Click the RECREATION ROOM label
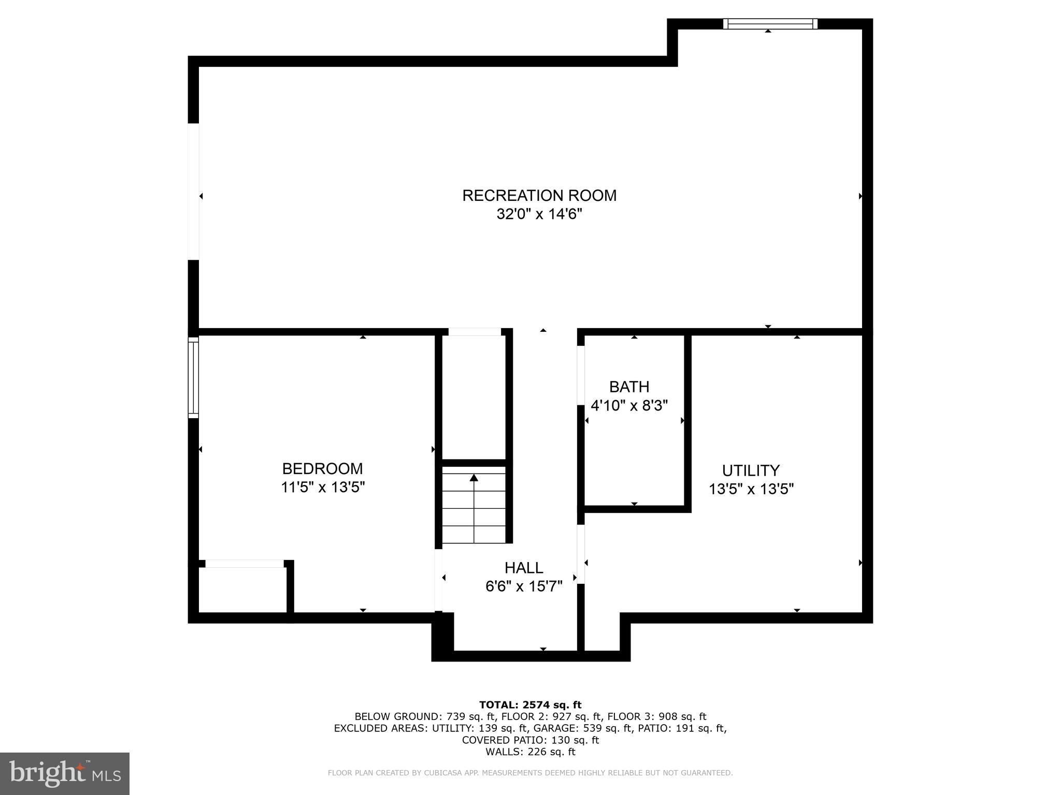[x=539, y=196]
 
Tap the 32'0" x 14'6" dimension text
[x=539, y=214]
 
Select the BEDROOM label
[x=322, y=469]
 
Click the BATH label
[x=629, y=387]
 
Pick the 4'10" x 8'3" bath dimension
[x=629, y=406]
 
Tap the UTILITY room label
[x=751, y=470]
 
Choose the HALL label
[x=524, y=568]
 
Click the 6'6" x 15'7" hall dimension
[x=524, y=586]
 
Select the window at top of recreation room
[x=770, y=23]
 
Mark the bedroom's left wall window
[x=193, y=377]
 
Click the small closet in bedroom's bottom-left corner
[x=242, y=590]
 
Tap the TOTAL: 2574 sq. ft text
[x=530, y=705]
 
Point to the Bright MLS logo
[x=64, y=774]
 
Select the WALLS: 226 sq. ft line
[x=530, y=752]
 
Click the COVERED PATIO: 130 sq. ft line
[x=530, y=740]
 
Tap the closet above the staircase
[x=474, y=396]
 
